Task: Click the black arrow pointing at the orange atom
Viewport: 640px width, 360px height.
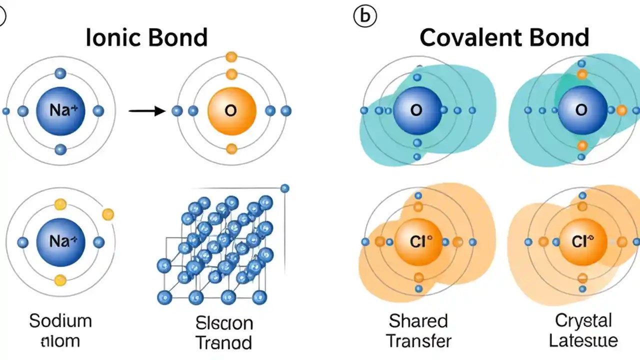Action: point(147,111)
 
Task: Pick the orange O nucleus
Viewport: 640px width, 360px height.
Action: point(231,111)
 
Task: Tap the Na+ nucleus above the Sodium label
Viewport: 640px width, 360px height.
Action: point(60,242)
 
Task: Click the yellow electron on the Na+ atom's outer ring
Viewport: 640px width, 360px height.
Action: point(107,214)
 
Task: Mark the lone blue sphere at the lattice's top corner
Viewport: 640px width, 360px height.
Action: point(284,188)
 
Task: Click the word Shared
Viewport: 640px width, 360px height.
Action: point(418,320)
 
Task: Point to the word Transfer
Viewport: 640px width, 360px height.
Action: point(419,341)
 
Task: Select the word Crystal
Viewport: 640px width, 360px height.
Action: point(583,320)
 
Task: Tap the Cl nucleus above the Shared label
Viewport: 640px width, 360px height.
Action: point(418,242)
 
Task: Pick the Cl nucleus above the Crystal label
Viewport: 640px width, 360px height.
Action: point(581,242)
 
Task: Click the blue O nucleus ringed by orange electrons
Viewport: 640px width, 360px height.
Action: point(581,110)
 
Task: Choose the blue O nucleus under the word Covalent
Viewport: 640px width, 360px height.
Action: point(417,110)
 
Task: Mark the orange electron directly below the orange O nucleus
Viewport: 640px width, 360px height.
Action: point(231,148)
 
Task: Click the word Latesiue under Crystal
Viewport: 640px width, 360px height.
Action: point(583,341)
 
